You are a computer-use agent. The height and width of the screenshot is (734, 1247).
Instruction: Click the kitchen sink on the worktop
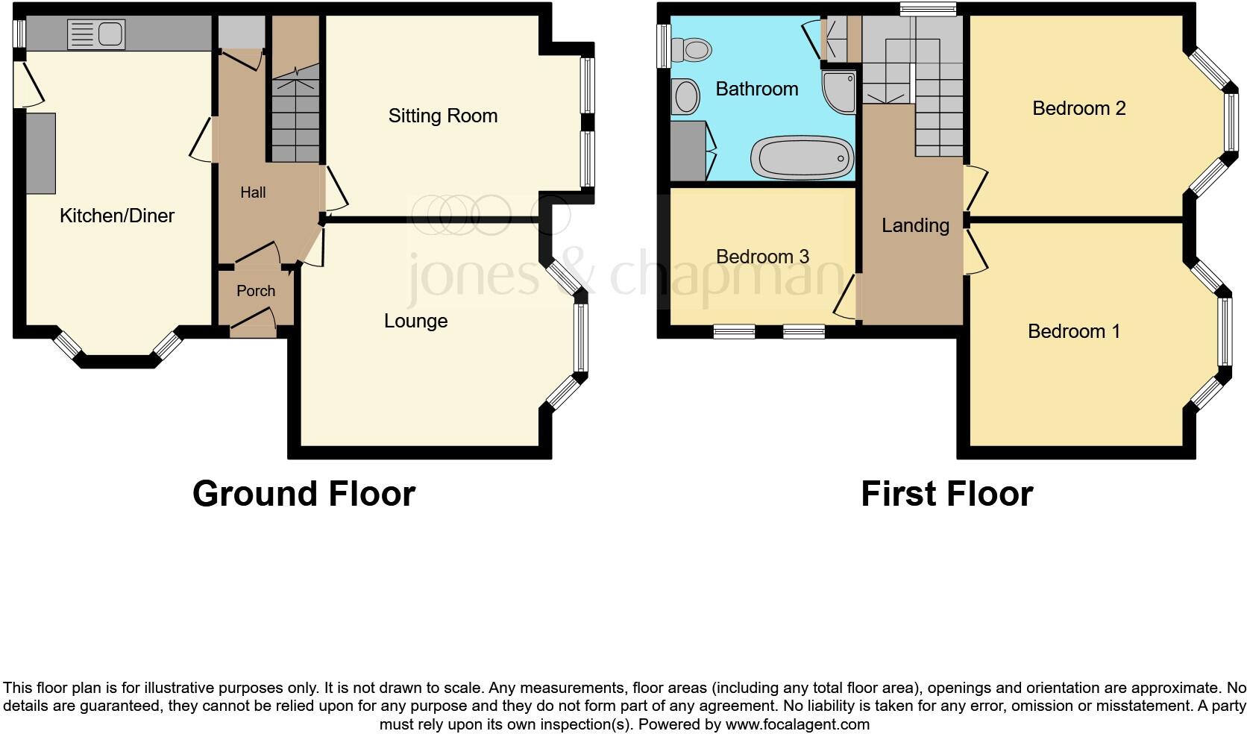[x=97, y=34]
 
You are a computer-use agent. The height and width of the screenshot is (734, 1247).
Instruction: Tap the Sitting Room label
[x=442, y=116]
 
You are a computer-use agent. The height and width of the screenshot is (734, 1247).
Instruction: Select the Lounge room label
[x=415, y=321]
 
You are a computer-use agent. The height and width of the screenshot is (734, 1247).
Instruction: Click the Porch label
[x=256, y=291]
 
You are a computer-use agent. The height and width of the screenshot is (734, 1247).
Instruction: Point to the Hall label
[x=253, y=192]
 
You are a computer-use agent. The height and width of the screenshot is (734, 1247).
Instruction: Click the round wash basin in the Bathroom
[x=685, y=97]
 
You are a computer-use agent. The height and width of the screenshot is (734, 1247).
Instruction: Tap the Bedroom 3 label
[x=762, y=257]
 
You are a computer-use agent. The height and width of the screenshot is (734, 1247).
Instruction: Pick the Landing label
[x=915, y=225]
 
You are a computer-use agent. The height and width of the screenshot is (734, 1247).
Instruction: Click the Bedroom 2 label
[x=1078, y=108]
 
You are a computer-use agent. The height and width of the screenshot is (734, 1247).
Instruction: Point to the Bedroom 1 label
[x=1073, y=331]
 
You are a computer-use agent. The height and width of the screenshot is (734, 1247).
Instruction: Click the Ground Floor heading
[x=304, y=494]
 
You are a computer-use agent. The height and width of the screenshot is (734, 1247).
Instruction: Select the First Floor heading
[x=946, y=494]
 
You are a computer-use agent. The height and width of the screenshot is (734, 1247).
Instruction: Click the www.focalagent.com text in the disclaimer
[x=797, y=724]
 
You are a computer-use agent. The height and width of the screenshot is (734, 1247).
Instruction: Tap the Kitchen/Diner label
[x=117, y=216]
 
